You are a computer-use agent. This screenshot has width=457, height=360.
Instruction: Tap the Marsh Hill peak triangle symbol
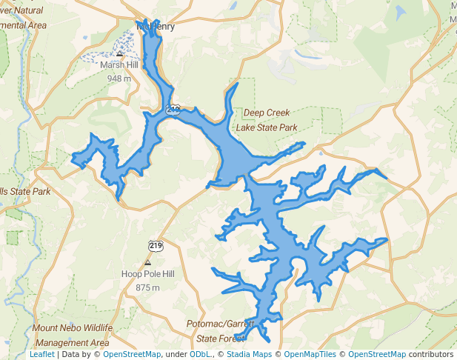120,53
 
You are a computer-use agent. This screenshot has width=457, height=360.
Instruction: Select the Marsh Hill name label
119,65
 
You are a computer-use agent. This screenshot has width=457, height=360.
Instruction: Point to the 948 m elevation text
119,79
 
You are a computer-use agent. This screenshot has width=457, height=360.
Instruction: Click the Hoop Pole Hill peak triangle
148,262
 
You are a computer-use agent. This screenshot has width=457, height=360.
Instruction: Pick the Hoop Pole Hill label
148,274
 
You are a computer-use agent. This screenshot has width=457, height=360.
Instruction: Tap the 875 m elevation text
148,287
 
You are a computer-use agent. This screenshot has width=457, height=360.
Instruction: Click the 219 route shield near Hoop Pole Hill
156,245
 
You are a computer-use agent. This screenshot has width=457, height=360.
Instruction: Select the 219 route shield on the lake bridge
173,109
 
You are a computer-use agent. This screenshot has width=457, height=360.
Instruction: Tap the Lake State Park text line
267,127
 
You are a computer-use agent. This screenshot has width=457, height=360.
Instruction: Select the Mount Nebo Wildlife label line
73,328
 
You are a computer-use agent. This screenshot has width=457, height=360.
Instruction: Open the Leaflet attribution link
42,354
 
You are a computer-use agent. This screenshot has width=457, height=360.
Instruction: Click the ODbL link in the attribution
199,354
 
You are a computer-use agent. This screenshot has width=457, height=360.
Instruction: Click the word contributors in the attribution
431,354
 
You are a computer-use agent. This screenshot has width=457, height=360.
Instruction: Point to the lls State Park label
25,192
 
